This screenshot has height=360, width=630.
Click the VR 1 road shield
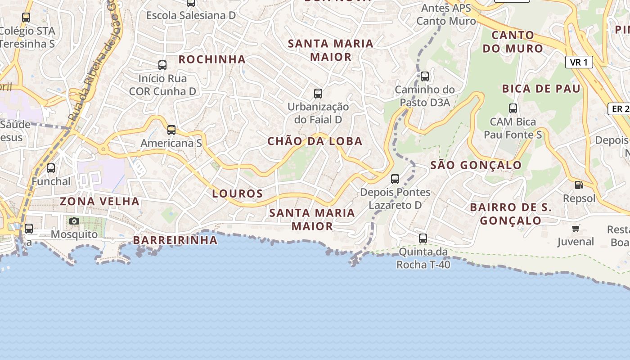pos(579,62)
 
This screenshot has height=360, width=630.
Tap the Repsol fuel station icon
pos(579,184)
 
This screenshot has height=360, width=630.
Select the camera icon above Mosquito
pos(74,221)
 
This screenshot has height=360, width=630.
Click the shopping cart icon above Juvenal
pos(576,229)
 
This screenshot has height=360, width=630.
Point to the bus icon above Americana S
pos(171,130)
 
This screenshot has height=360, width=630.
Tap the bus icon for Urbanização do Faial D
pos(318,94)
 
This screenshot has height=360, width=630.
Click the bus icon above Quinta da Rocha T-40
pos(423,238)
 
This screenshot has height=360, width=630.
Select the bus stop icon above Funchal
pos(51,168)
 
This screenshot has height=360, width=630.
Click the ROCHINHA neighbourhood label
pos(212,59)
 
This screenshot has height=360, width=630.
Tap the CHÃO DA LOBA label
pos(315,141)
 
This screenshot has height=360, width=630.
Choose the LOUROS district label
pos(237,194)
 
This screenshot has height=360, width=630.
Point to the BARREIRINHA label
pos(175,240)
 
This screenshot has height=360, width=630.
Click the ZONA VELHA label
pos(100,201)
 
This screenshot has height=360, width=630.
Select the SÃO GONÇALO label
pos(476,165)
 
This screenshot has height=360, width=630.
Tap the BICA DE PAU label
pos(541,89)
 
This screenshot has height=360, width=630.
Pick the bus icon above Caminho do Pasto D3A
pos(424,76)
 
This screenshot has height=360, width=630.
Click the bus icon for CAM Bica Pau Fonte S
pos(513,108)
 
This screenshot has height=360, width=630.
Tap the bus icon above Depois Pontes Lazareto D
pos(395,179)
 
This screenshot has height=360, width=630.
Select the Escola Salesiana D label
pos(191,15)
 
